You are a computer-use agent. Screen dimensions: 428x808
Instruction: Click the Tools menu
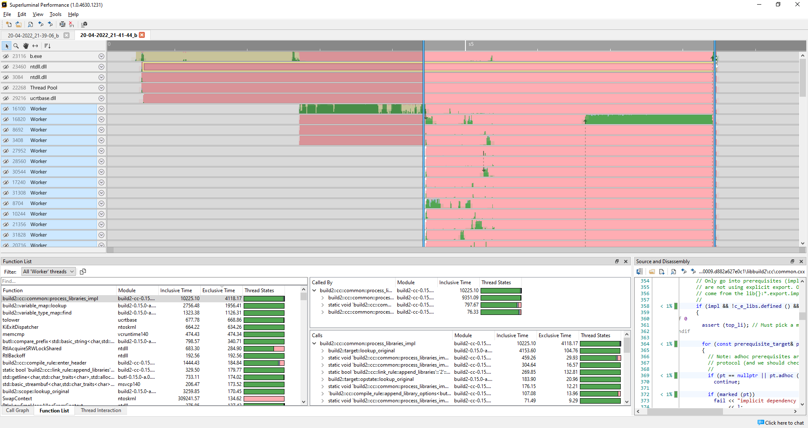(55, 14)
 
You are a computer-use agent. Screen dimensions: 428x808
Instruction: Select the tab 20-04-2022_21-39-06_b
(33, 35)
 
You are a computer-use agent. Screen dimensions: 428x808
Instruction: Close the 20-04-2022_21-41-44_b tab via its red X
(142, 35)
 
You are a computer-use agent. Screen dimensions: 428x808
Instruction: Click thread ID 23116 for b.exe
(19, 56)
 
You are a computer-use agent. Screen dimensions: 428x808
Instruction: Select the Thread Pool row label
(43, 88)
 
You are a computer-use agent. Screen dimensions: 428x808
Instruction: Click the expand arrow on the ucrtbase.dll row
(101, 98)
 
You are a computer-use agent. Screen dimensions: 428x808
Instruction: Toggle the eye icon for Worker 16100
(6, 109)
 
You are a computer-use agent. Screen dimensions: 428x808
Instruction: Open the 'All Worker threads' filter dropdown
(49, 272)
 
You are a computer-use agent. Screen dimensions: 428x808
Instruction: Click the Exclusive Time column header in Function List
(218, 291)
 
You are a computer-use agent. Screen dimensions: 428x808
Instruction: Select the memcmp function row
(13, 334)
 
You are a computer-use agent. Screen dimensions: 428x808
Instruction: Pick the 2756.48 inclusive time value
(191, 306)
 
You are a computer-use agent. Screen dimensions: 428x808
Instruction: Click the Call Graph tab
(17, 410)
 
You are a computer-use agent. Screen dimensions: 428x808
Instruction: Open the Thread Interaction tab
(101, 410)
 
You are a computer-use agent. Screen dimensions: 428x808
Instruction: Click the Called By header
(322, 283)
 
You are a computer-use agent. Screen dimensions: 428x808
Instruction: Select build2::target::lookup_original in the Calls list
(361, 351)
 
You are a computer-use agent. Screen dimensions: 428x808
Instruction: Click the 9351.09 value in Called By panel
(470, 298)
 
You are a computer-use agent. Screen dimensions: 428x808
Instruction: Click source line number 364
(645, 344)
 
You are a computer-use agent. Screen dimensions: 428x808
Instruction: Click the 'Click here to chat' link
(784, 423)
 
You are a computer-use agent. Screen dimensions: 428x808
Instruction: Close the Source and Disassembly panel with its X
(801, 262)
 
